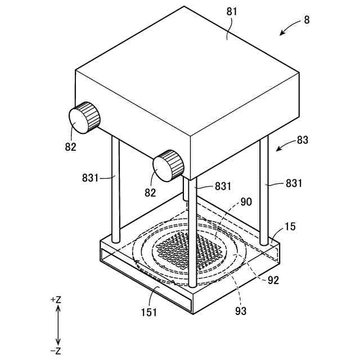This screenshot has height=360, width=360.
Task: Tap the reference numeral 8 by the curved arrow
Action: point(307,20)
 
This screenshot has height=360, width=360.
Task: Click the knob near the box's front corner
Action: point(168,165)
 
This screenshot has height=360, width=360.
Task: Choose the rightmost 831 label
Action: point(293,183)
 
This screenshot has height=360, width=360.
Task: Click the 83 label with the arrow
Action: point(303,140)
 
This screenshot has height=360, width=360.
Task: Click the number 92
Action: point(273,280)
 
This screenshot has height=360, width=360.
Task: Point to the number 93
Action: point(240,310)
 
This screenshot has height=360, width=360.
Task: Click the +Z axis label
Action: point(56,300)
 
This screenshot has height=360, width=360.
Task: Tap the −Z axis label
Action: point(56,351)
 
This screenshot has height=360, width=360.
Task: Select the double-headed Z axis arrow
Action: point(58,325)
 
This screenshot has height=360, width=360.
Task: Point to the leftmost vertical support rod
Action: point(115,188)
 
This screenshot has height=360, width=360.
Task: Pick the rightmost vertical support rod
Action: point(263,188)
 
